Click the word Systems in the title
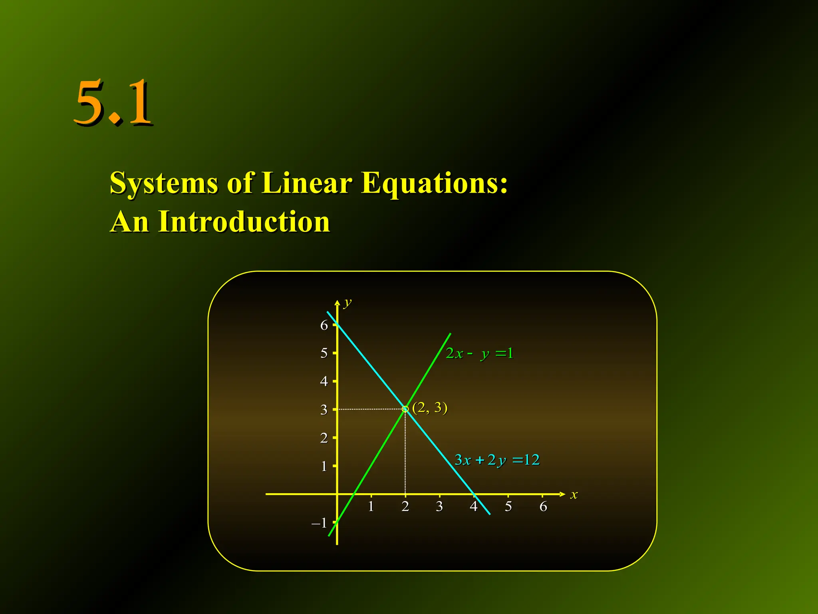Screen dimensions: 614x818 [164, 183]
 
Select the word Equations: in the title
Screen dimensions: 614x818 [434, 183]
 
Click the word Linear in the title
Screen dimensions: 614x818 [307, 183]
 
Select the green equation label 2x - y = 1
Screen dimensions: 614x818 [479, 354]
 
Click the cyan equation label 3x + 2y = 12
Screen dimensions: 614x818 [497, 460]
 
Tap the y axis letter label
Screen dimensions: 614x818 [348, 303]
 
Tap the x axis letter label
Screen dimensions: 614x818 [574, 495]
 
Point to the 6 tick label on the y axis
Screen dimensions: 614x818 [324, 325]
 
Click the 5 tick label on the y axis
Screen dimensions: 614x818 [324, 353]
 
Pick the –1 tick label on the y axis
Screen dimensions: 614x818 [320, 523]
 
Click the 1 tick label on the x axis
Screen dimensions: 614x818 [371, 507]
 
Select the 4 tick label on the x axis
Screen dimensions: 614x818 [474, 507]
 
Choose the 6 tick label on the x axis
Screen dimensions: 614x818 [543, 507]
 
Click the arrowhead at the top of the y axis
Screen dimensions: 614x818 [338, 303]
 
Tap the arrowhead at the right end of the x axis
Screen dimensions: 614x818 [562, 494]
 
